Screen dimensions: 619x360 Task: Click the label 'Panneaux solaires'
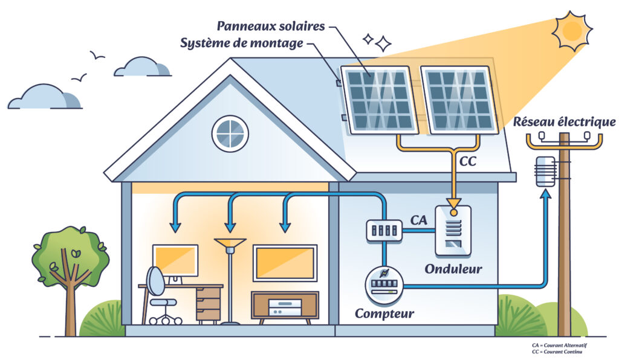pyautogui.click(x=271, y=26)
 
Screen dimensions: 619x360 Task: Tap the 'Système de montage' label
pyautogui.click(x=242, y=43)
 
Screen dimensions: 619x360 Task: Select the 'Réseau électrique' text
pyautogui.click(x=564, y=122)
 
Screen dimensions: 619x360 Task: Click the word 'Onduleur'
pyautogui.click(x=453, y=269)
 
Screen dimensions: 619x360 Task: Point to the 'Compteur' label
pyautogui.click(x=384, y=313)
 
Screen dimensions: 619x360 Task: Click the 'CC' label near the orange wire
pyautogui.click(x=468, y=161)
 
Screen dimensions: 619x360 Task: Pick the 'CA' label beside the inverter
pyautogui.click(x=418, y=220)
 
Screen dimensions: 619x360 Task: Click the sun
pyautogui.click(x=572, y=31)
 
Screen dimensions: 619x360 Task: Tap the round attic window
pyautogui.click(x=230, y=133)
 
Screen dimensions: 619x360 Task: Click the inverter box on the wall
pyautogui.click(x=453, y=231)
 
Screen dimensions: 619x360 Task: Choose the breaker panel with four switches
pyautogui.click(x=384, y=230)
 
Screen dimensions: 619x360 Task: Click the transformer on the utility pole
pyautogui.click(x=545, y=171)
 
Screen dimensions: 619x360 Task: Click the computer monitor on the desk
pyautogui.click(x=175, y=260)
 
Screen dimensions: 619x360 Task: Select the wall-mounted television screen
pyautogui.click(x=285, y=263)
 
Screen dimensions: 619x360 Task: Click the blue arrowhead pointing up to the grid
pyautogui.click(x=546, y=194)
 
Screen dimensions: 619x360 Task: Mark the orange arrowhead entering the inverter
pyautogui.click(x=453, y=204)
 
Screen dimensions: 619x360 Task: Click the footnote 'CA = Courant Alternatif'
pyautogui.click(x=559, y=346)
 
